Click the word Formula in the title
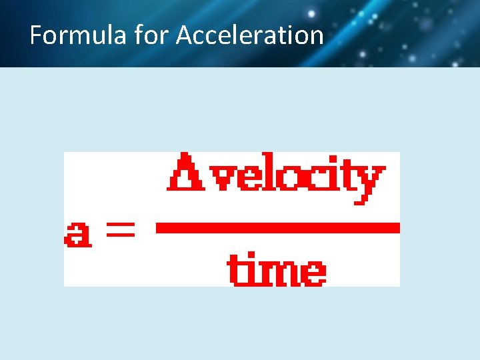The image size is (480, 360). [77, 35]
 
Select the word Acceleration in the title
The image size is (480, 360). [249, 35]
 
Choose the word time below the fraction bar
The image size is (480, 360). [277, 268]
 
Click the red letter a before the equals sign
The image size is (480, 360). [78, 234]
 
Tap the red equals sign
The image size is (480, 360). [118, 232]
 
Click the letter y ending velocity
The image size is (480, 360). [371, 183]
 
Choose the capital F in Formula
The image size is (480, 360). [36, 35]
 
